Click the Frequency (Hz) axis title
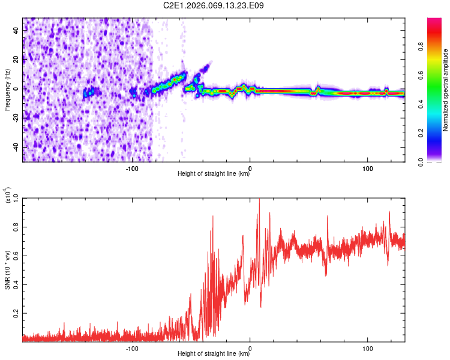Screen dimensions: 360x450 7,90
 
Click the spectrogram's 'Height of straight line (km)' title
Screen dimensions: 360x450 214,174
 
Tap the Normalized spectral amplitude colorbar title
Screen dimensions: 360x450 446,91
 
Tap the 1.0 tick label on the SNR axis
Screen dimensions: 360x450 14,198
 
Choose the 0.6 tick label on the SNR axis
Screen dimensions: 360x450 14,256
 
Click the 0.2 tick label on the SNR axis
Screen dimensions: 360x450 14,313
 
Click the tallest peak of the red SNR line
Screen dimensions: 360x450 259,199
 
